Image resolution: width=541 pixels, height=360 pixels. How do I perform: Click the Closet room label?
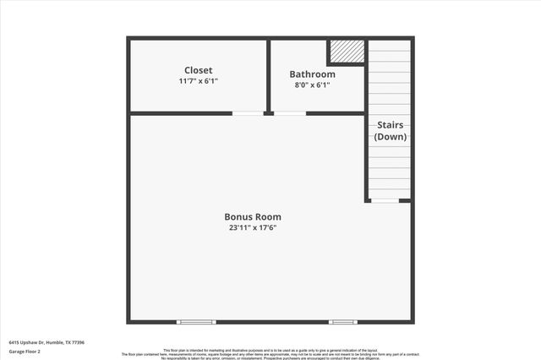click(x=199, y=70)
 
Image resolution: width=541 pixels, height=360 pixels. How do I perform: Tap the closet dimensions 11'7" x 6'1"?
click(x=199, y=82)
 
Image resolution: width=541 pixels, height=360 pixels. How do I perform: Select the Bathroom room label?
click(x=312, y=74)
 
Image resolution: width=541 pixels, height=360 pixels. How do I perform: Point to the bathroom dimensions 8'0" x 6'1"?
click(x=312, y=85)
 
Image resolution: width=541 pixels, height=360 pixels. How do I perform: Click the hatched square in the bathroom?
click(x=347, y=52)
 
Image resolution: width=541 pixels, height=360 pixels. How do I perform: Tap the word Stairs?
click(x=391, y=124)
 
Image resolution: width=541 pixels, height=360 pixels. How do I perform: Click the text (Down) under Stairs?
click(x=391, y=136)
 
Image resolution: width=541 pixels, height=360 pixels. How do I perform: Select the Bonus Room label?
click(x=253, y=216)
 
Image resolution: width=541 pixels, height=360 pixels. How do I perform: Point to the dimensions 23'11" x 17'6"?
click(x=253, y=228)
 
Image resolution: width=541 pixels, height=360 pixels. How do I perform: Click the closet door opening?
click(x=247, y=113)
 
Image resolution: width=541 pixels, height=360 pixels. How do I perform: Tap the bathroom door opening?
click(x=290, y=113)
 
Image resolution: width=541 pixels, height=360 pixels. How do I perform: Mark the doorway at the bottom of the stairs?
click(x=385, y=201)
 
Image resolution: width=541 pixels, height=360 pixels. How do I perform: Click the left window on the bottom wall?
click(x=197, y=322)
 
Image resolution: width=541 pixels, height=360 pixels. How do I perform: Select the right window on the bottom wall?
click(x=343, y=322)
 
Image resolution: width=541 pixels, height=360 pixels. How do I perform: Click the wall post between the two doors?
click(x=268, y=113)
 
